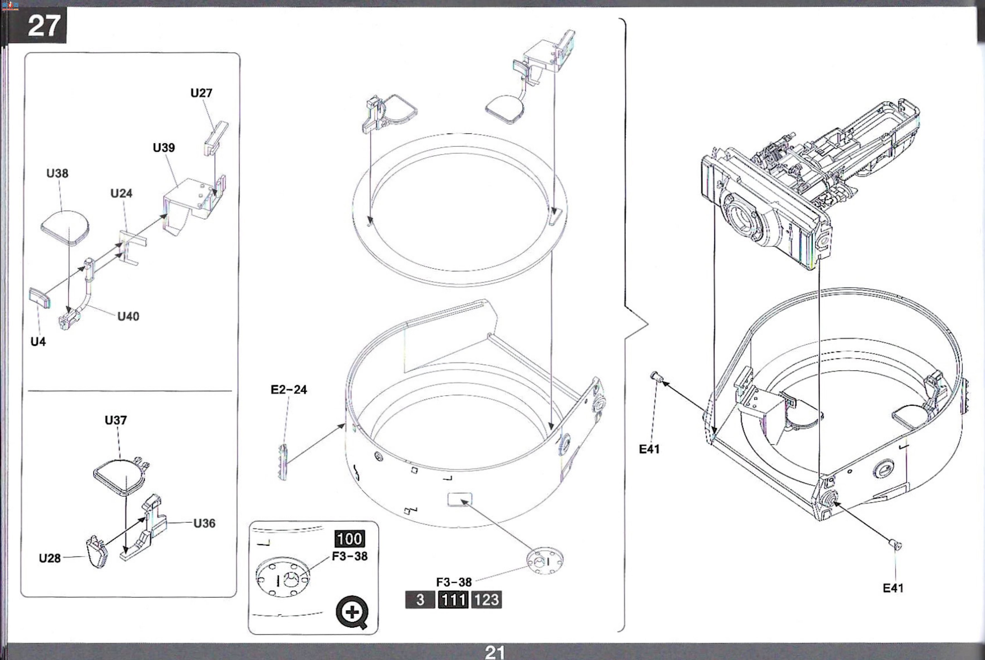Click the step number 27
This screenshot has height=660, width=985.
(44, 26)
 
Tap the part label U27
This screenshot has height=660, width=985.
(201, 93)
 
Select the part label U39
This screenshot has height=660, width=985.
(164, 148)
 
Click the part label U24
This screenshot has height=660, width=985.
(121, 193)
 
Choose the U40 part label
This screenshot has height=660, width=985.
(128, 316)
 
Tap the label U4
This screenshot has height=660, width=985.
(38, 342)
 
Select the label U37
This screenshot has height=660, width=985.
(116, 420)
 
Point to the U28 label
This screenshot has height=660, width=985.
(50, 558)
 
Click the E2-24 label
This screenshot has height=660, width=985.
(289, 390)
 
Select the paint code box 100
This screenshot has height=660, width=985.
(350, 539)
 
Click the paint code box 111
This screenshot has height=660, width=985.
(453, 600)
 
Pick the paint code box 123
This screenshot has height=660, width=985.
(486, 600)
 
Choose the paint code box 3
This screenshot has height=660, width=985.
(420, 600)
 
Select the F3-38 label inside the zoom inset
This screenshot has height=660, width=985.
(350, 557)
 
